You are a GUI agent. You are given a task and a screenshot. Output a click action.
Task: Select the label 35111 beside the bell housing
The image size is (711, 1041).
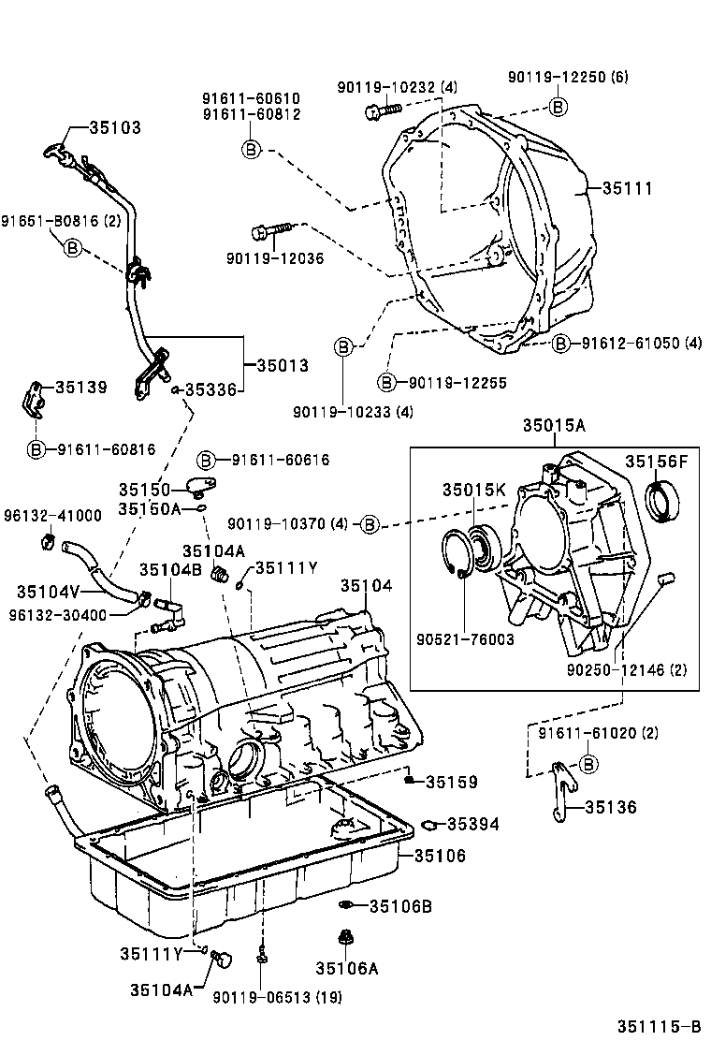click(626, 188)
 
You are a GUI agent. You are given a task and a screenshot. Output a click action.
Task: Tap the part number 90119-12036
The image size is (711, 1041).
click(274, 258)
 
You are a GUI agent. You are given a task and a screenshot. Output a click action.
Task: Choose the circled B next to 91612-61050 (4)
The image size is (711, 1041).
click(560, 344)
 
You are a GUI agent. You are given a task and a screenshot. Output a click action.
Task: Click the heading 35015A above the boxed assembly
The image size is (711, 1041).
click(554, 427)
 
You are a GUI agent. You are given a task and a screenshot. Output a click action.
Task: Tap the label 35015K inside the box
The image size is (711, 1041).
click(474, 489)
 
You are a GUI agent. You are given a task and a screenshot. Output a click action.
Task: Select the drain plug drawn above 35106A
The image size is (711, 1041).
click(342, 937)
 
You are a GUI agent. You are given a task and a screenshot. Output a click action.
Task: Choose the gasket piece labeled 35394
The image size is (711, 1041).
click(429, 825)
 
